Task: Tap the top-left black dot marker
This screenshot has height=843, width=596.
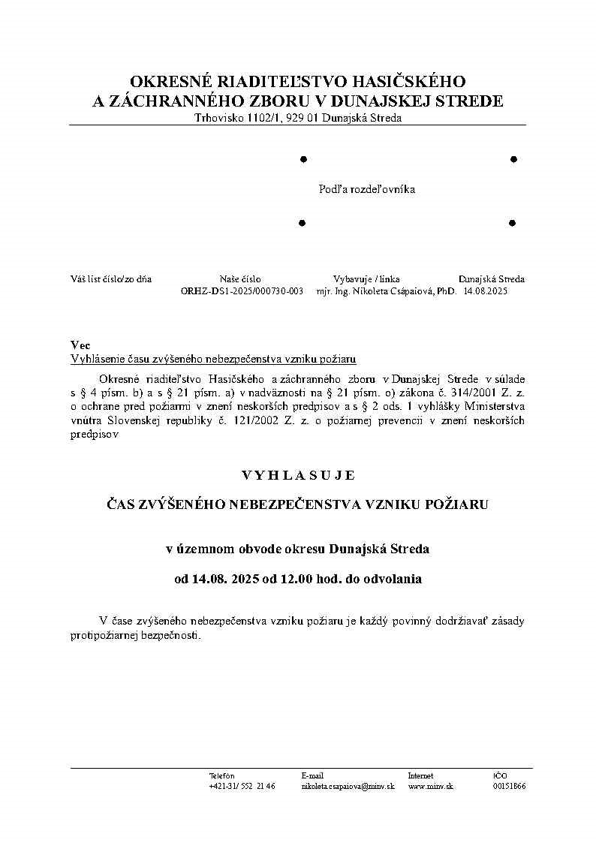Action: (303, 159)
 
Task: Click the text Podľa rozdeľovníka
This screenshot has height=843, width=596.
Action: (367, 189)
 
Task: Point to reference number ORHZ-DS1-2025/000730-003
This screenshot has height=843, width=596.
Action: (242, 291)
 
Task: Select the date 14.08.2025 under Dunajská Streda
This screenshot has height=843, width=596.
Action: (486, 291)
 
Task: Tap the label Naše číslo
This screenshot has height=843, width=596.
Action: (240, 278)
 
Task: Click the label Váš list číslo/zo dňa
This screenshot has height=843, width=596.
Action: (111, 278)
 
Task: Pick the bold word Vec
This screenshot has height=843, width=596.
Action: (80, 345)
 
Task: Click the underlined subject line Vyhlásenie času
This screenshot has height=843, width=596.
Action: (212, 359)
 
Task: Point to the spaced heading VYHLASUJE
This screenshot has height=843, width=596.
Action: (297, 475)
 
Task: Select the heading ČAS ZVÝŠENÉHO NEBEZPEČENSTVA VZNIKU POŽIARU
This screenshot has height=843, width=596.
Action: (297, 504)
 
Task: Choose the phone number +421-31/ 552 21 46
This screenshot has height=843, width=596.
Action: (242, 786)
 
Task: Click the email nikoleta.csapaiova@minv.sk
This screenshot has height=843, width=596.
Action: (348, 786)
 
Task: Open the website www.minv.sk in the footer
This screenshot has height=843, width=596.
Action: (431, 786)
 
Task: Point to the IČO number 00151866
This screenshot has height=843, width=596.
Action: (509, 786)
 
